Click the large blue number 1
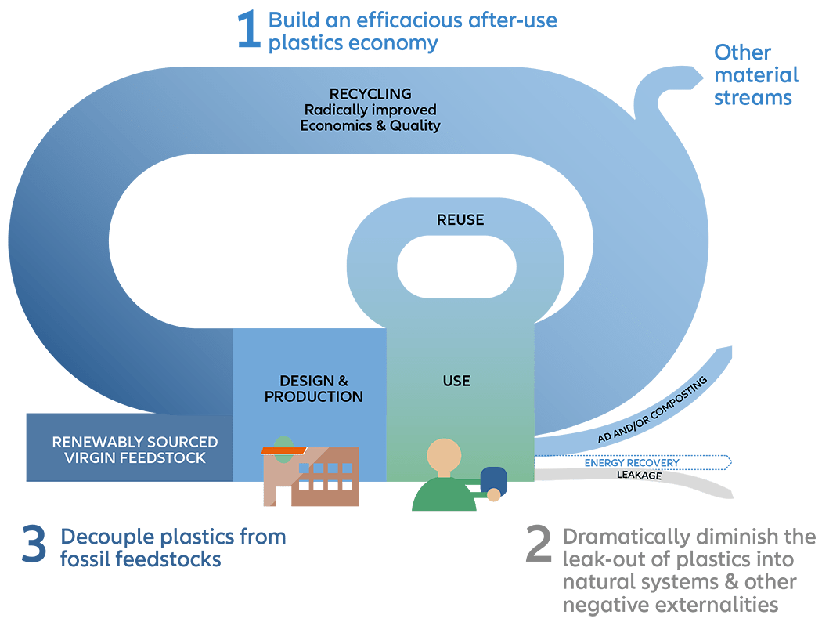pyautogui.click(x=249, y=30)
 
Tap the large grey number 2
pyautogui.click(x=539, y=544)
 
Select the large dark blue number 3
pyautogui.click(x=34, y=544)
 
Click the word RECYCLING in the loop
pyautogui.click(x=370, y=94)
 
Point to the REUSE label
pyautogui.click(x=460, y=220)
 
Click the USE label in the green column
pyautogui.click(x=456, y=381)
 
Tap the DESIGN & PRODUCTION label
pyautogui.click(x=313, y=389)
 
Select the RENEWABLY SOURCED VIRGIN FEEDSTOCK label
pyautogui.click(x=135, y=450)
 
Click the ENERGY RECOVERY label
pyautogui.click(x=632, y=462)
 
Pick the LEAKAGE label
pyautogui.click(x=639, y=476)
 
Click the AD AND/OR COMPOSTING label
pyautogui.click(x=653, y=410)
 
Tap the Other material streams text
pyautogui.click(x=756, y=75)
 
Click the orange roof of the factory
pyautogui.click(x=283, y=450)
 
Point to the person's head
pyautogui.click(x=444, y=455)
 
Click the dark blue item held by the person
pyautogui.click(x=493, y=480)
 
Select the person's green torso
pyautogui.click(x=444, y=494)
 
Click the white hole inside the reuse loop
pyautogui.click(x=456, y=267)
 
